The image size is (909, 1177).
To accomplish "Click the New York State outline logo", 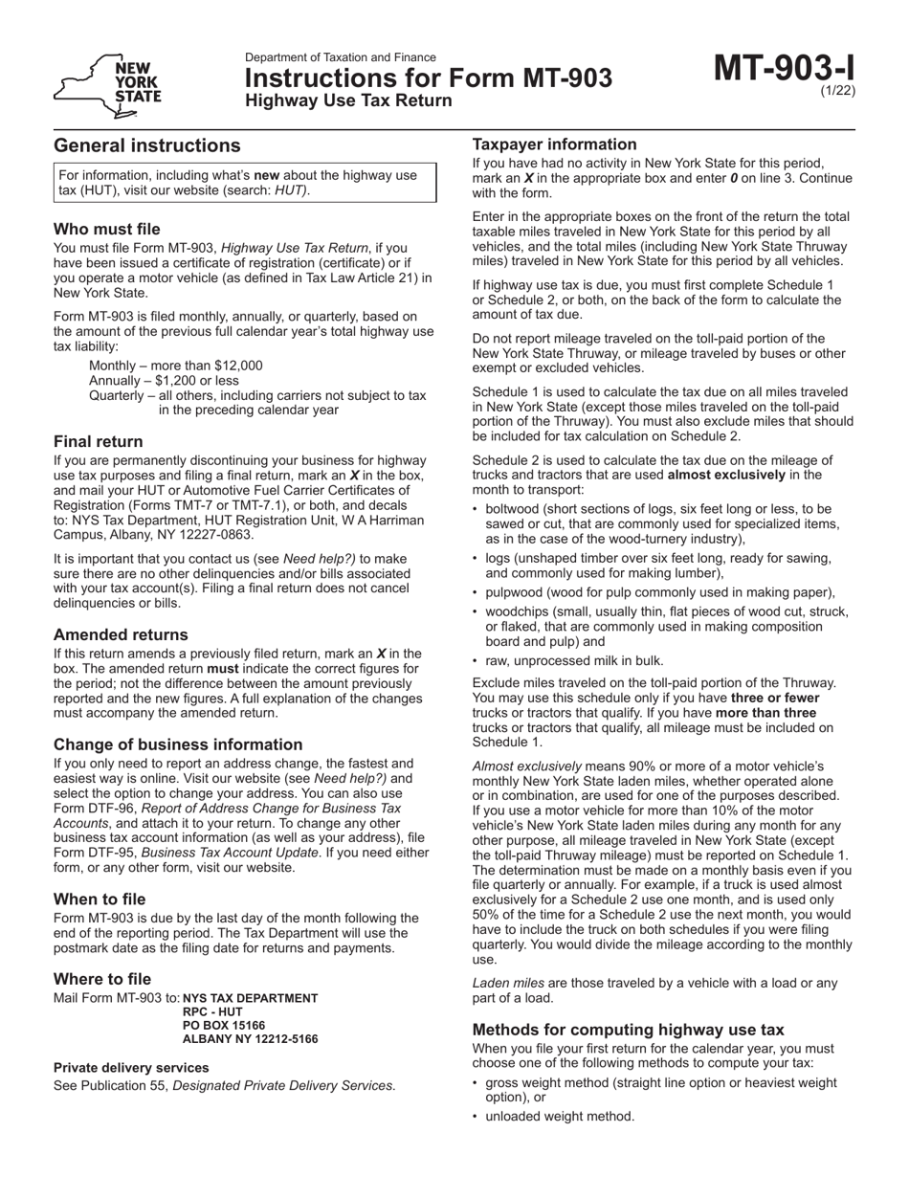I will (107, 84).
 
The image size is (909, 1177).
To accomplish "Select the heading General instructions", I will (147, 145).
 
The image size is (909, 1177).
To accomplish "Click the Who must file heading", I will (107, 229).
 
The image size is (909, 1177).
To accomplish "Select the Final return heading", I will (99, 441).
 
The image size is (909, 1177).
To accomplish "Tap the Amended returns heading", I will (121, 634).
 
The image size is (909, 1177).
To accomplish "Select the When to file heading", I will (100, 899).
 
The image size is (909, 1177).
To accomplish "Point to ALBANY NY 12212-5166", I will (250, 1038).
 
